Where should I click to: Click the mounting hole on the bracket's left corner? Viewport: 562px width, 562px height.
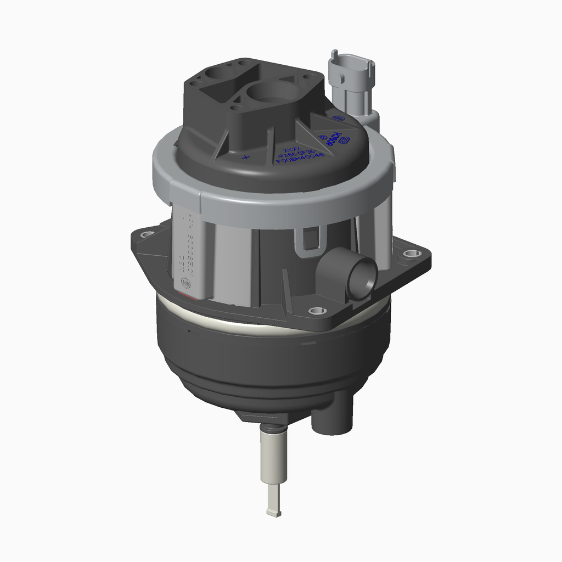(147, 234)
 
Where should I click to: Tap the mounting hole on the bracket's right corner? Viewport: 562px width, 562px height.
(411, 253)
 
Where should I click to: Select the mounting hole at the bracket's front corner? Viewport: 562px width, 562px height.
(317, 311)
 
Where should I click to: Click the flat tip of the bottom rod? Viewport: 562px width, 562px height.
(273, 513)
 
